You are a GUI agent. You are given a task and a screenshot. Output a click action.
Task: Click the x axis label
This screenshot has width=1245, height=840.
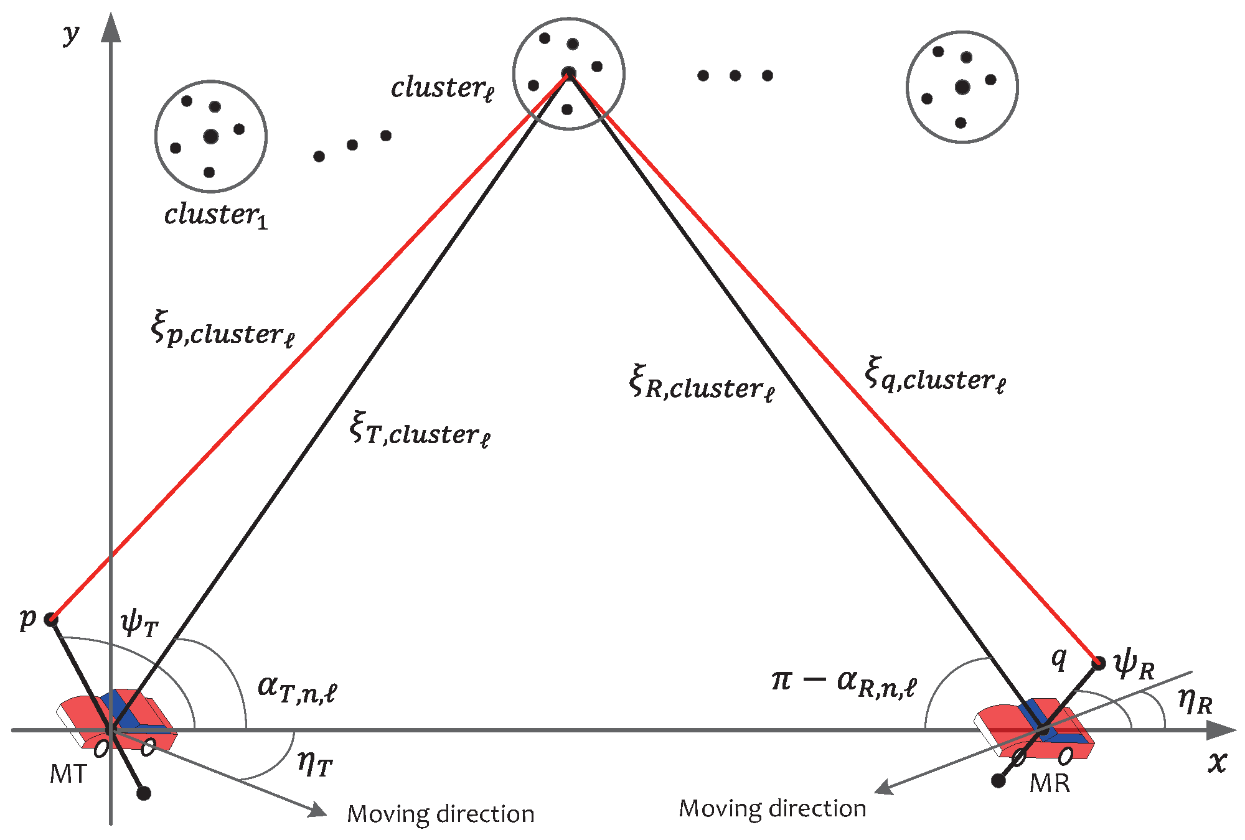(x=1218, y=761)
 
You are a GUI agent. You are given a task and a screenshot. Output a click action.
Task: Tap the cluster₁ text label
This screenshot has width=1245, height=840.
(x=215, y=215)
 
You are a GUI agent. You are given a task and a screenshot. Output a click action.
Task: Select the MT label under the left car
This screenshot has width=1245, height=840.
(x=68, y=774)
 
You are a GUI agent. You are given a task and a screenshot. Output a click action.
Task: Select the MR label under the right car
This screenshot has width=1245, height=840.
(x=1050, y=783)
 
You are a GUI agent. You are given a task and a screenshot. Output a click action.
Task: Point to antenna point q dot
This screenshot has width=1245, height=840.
(x=1099, y=663)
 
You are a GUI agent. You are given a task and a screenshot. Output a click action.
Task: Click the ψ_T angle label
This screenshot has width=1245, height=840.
(x=139, y=623)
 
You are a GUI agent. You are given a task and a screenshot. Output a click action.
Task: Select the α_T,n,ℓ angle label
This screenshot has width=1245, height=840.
(x=297, y=688)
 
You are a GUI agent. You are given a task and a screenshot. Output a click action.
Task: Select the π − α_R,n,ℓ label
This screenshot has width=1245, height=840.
(x=843, y=682)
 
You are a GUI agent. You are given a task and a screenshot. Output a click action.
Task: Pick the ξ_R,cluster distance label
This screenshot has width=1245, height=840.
(x=702, y=384)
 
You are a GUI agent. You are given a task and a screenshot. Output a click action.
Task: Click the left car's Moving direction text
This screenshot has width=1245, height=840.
(x=441, y=814)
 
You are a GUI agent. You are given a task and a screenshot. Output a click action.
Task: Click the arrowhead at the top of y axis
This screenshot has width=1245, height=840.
(x=111, y=27)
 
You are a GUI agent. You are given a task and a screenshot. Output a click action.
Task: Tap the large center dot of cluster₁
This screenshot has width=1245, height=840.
(x=211, y=136)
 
